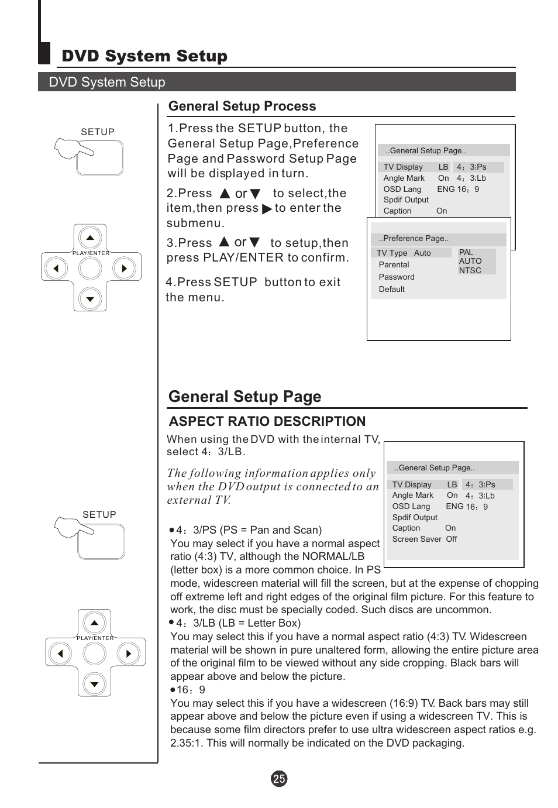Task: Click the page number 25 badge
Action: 279,779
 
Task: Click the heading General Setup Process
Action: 242,106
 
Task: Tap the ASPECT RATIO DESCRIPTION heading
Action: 267,421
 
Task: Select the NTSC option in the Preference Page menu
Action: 470,270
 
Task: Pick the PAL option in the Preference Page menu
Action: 466,252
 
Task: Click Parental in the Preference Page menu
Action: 394,264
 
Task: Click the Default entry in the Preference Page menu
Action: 391,289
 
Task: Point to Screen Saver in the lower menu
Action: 416,539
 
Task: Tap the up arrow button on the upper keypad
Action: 90,238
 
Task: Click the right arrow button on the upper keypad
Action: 123,269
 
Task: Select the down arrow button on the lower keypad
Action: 95,683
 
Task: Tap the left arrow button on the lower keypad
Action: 60,653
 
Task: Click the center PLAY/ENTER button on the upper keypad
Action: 90,269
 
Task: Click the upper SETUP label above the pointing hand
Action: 98,132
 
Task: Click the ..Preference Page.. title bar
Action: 439,239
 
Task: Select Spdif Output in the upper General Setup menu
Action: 406,200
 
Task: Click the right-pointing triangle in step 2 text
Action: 267,209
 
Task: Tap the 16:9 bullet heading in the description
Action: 191,690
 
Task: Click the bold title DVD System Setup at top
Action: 144,56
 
